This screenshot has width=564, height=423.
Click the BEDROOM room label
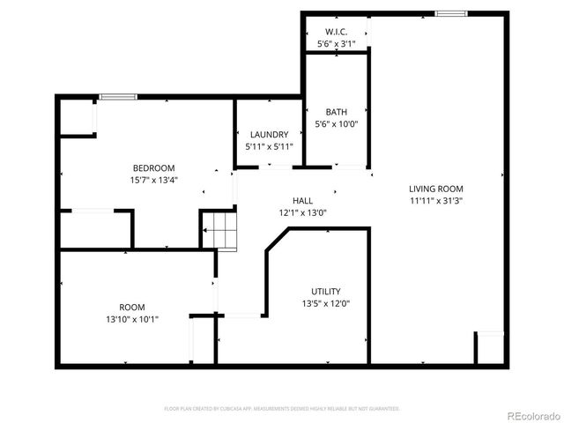[153, 168]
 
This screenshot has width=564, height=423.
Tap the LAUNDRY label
[268, 135]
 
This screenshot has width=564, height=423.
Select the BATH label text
[336, 112]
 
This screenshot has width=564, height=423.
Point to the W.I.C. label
[336, 31]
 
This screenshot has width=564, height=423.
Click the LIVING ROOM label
[435, 189]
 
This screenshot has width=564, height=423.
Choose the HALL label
[302, 200]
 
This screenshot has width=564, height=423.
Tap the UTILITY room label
[325, 292]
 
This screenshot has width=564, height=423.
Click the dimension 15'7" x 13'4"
[153, 181]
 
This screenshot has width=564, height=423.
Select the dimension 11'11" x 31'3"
[435, 201]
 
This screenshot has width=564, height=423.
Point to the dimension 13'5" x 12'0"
[325, 304]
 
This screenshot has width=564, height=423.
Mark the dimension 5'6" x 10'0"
[336, 124]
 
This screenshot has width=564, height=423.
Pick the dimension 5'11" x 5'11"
[268, 147]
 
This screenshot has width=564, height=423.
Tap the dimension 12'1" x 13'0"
[302, 212]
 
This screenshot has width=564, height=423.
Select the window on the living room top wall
[450, 13]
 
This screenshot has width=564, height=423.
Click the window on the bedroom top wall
[112, 96]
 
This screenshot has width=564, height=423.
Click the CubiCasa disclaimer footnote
[282, 409]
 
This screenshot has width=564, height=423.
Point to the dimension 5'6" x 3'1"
[336, 43]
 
